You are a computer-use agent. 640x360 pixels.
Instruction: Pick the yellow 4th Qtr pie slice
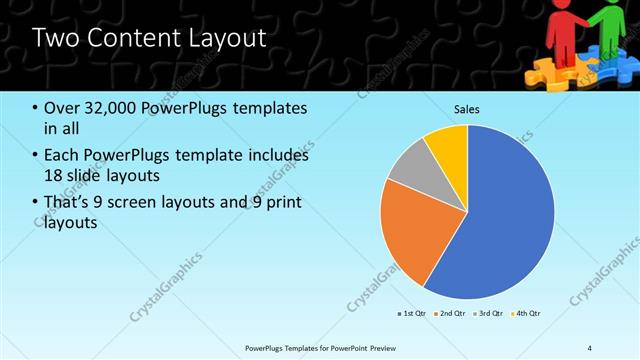pyautogui.click(x=450, y=148)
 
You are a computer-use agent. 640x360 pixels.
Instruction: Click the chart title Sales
pyautogui.click(x=468, y=108)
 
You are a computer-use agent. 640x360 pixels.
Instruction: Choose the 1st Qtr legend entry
pyautogui.click(x=413, y=314)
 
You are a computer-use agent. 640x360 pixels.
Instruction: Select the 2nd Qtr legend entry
pyautogui.click(x=453, y=314)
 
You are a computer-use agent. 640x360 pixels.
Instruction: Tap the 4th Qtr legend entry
pyautogui.click(x=527, y=314)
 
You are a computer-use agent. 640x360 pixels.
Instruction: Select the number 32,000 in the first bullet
pyautogui.click(x=110, y=108)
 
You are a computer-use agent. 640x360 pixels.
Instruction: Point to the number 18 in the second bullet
pyautogui.click(x=55, y=176)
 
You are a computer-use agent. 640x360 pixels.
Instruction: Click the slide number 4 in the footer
pyautogui.click(x=590, y=347)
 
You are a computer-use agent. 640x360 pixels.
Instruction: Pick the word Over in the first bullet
pyautogui.click(x=62, y=108)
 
